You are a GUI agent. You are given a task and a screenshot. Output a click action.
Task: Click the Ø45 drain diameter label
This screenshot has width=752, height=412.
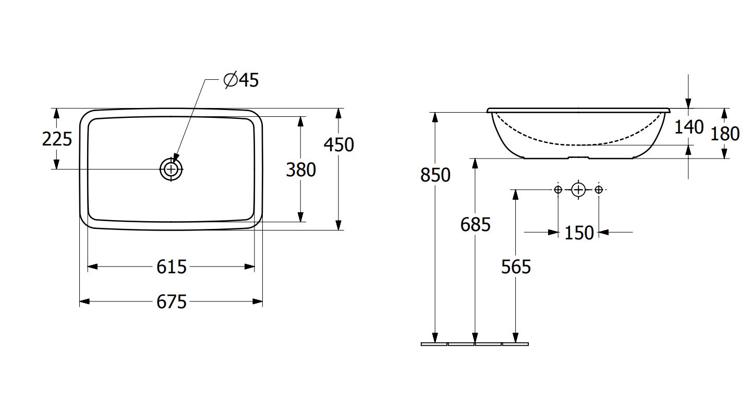click(241, 80)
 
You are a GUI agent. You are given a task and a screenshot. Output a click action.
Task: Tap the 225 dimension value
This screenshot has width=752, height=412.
click(57, 139)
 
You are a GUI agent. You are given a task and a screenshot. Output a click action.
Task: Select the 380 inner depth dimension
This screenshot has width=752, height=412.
click(301, 169)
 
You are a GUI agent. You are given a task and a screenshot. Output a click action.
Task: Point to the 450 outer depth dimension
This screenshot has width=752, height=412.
click(339, 144)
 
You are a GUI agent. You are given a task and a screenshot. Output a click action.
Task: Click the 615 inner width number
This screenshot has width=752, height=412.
click(171, 267)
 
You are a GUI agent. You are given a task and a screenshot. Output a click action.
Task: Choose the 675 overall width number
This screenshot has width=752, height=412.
click(171, 301)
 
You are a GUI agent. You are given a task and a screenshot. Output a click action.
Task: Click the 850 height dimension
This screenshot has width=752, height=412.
click(435, 175)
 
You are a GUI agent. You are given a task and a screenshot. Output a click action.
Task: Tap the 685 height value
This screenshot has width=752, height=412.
click(476, 224)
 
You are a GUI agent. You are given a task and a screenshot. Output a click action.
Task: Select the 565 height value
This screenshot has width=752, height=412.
click(516, 267)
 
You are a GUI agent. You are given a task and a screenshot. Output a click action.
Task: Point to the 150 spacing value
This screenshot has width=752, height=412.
click(579, 233)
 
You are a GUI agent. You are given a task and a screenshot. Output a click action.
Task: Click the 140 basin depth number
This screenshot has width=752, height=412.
click(689, 127)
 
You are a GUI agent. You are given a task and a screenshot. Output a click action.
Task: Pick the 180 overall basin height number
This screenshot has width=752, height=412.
click(725, 134)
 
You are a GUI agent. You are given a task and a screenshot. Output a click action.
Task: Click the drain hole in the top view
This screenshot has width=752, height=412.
click(171, 169)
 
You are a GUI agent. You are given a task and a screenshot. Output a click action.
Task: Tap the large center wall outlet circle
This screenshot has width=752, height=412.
click(578, 190)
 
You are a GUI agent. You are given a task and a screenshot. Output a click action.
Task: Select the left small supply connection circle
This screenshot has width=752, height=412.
click(558, 190)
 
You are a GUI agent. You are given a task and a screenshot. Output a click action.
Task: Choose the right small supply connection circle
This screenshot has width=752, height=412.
click(599, 190)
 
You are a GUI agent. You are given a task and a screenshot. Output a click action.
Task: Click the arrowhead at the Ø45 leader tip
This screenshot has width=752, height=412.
click(176, 159)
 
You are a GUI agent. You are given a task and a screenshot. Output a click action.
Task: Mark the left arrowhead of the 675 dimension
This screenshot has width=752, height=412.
click(84, 301)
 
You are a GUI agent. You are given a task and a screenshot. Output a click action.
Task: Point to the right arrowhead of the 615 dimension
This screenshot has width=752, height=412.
click(249, 267)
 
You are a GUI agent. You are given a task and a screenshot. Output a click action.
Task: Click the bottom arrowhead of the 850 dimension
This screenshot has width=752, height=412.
click(435, 338)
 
